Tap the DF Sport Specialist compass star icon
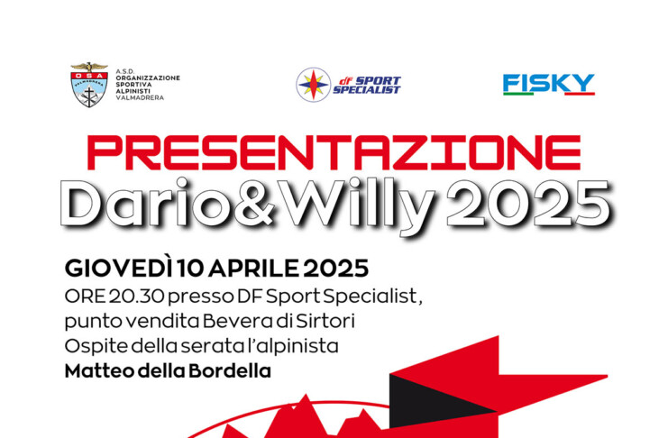[x=314, y=85]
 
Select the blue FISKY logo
[x=549, y=84]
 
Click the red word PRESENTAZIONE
[x=334, y=152]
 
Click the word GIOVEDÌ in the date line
[x=119, y=268]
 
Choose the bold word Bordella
[x=230, y=371]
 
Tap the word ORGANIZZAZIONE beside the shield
[x=148, y=78]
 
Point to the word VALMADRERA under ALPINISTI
[x=140, y=97]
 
